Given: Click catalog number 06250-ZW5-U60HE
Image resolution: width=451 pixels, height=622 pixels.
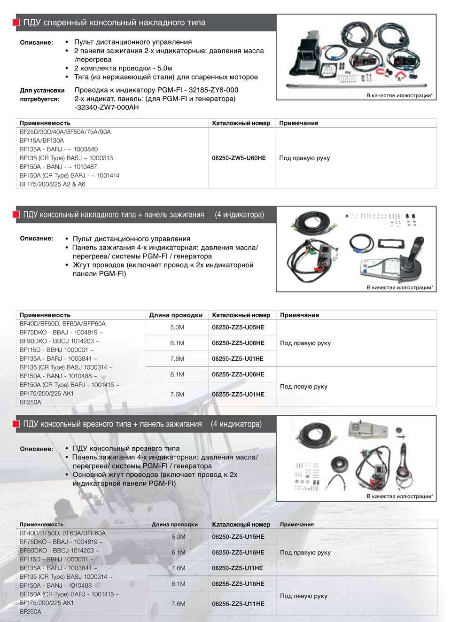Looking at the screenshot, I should coord(239,158).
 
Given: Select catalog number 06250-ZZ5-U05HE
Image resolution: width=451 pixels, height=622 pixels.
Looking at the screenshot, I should coord(238,327).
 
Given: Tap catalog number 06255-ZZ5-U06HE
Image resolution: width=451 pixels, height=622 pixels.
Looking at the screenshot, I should coord(238,374).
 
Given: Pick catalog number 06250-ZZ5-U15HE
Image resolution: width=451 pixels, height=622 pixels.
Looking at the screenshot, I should coord(238,536).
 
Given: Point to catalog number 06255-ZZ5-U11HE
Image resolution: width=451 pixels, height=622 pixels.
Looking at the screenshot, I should coord(238,604).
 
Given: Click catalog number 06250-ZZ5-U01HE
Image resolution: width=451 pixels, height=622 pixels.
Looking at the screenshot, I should coord(237,358).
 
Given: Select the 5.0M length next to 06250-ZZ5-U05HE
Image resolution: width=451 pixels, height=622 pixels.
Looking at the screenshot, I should coord(177,327).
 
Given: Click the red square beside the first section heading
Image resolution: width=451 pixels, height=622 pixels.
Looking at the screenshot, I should coord(16,23).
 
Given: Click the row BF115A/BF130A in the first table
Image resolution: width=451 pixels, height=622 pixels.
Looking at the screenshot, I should coord(42,140).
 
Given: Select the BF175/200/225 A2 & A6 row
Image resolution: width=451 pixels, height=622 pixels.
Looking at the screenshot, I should coord(52,184).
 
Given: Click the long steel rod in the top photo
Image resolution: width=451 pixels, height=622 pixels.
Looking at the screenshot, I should coord(357,86).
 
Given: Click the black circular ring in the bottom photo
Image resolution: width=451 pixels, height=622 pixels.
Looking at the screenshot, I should coord(339,465).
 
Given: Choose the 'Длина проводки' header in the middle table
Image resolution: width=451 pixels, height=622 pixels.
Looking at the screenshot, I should coord(176,315).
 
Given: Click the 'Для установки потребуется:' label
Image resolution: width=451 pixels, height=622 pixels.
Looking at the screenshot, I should coord(42,94).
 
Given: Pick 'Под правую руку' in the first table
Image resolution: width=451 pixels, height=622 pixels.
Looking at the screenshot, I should coord(304,158).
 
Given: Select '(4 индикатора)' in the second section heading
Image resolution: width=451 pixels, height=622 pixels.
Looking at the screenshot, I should coord(239,215).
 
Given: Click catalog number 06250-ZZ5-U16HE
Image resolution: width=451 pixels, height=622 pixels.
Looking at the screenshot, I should coord(238,552).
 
